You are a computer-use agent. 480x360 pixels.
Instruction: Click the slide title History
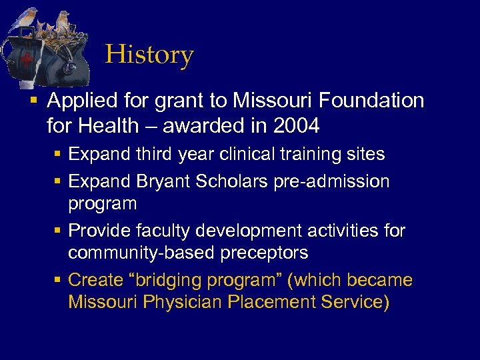point(149,55)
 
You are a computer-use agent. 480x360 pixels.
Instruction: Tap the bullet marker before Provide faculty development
point(58,231)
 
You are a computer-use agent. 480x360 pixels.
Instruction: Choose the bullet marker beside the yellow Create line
point(58,280)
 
